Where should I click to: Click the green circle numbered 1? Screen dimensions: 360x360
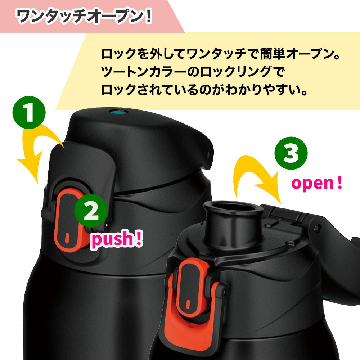click(29, 112)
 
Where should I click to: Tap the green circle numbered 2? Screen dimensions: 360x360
click(91, 211)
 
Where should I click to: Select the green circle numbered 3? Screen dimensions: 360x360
click(291, 153)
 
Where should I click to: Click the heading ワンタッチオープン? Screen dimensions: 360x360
click(84, 17)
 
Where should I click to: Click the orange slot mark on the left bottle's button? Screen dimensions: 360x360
click(67, 238)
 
